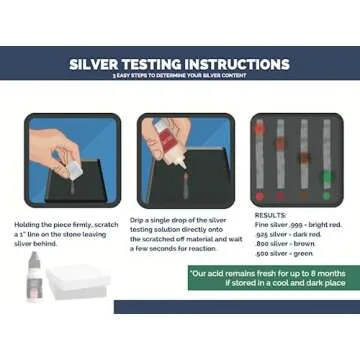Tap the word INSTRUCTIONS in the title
click(x=236, y=65)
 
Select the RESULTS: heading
click(x=270, y=215)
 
